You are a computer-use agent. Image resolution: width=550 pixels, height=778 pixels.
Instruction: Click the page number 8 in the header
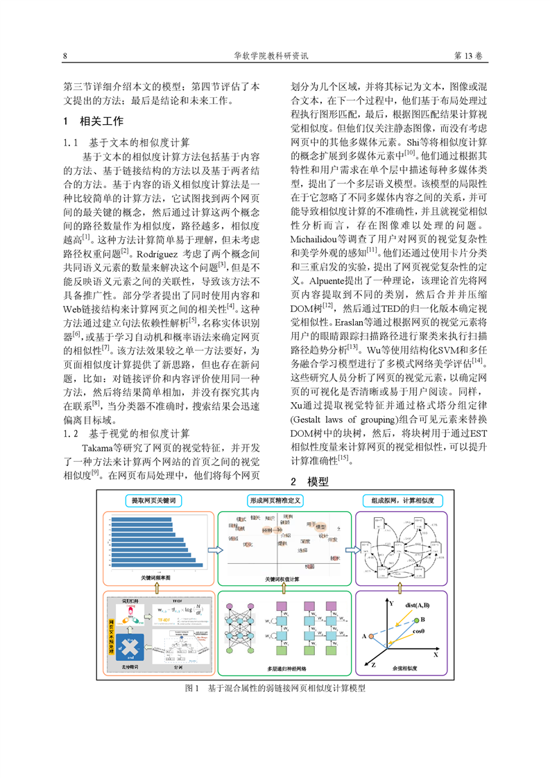click(65, 56)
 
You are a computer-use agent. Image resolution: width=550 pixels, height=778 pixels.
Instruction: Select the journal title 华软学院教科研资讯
click(275, 56)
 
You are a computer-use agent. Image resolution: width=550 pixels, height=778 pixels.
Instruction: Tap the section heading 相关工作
click(103, 121)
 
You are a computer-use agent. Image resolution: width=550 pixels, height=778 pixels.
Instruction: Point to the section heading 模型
click(318, 481)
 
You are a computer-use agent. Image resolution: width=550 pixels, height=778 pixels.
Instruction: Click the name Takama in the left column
click(98, 448)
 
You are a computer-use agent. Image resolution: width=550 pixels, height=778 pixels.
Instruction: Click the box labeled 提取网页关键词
click(153, 500)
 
